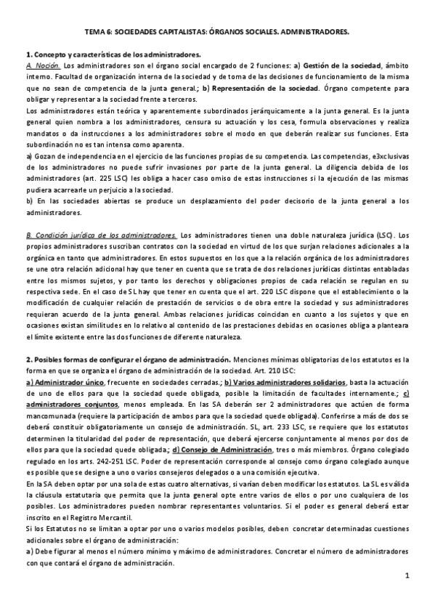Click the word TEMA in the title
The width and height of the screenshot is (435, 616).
tap(96, 33)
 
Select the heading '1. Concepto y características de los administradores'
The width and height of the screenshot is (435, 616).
tap(114, 54)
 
